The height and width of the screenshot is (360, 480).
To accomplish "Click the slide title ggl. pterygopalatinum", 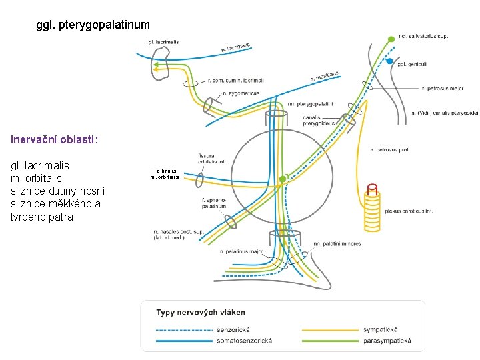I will click(x=93, y=25).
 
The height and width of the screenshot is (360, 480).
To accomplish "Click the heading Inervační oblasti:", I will click(x=55, y=140).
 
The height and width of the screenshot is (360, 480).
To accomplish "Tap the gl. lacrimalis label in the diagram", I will click(x=163, y=43).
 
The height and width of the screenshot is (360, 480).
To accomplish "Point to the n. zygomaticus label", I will click(x=241, y=93).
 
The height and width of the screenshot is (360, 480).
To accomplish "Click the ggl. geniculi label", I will click(x=411, y=65).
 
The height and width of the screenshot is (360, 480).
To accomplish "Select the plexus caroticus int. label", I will click(x=409, y=211).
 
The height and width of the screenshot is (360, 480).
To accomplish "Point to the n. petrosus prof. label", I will click(x=389, y=150).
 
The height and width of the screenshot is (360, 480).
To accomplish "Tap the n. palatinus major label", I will click(x=241, y=251).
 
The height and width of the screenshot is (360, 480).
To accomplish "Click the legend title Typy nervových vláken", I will click(x=201, y=312).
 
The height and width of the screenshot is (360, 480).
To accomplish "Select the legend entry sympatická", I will click(x=381, y=329).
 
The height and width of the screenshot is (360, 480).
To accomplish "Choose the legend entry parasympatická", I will click(x=387, y=341).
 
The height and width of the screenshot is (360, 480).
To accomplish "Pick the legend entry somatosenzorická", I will click(x=244, y=341).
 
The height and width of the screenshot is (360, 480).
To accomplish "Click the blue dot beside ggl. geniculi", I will click(x=390, y=61).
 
